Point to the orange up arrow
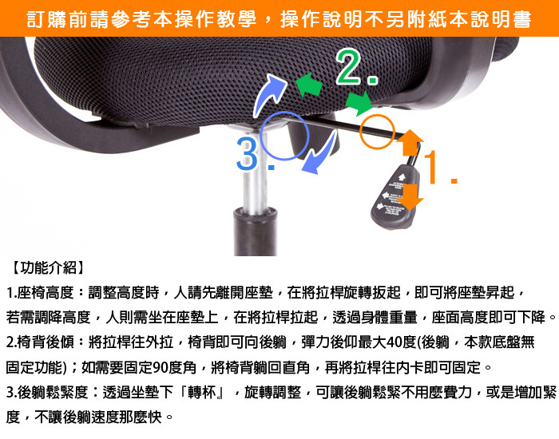[x=410, y=143]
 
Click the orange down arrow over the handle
[x=410, y=197]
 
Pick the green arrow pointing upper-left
[x=309, y=85]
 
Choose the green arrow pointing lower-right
[x=359, y=103]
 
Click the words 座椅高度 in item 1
[x=46, y=293]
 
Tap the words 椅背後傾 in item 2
[x=46, y=342]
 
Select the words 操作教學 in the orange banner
[x=216, y=19]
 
